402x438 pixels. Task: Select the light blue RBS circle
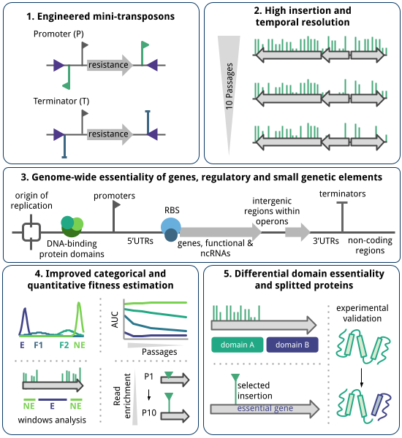pyautogui.click(x=172, y=226)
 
